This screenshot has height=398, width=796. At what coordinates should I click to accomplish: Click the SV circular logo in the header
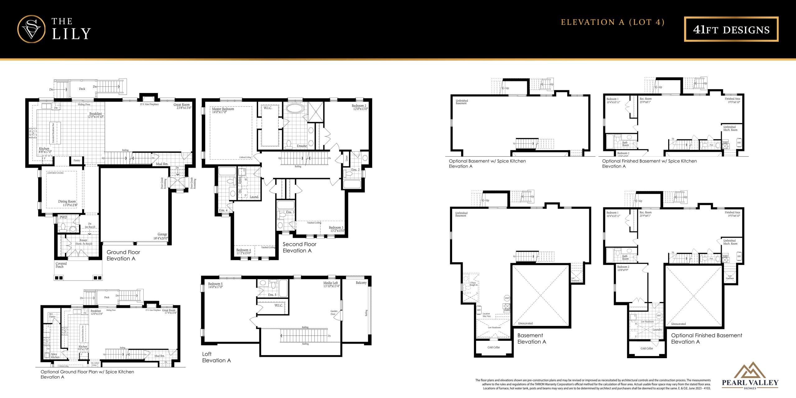point(31,29)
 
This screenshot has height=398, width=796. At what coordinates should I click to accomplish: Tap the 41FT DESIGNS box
point(731,29)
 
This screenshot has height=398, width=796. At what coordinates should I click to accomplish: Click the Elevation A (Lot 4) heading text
point(612,22)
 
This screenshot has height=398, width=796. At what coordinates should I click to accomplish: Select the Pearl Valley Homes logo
point(750,376)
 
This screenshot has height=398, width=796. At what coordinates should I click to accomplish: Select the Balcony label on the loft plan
point(361,283)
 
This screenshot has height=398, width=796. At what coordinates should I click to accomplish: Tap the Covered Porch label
point(61,265)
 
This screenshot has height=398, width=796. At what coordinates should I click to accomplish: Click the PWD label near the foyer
point(63,217)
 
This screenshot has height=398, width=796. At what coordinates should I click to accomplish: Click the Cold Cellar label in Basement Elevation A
point(493,347)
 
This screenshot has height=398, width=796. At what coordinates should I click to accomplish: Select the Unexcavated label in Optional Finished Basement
point(678,324)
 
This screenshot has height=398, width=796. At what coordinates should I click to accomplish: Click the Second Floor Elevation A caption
point(299,247)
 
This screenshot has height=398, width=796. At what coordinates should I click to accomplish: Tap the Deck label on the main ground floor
point(82,89)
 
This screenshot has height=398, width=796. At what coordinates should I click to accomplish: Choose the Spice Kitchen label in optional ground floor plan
point(55,355)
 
